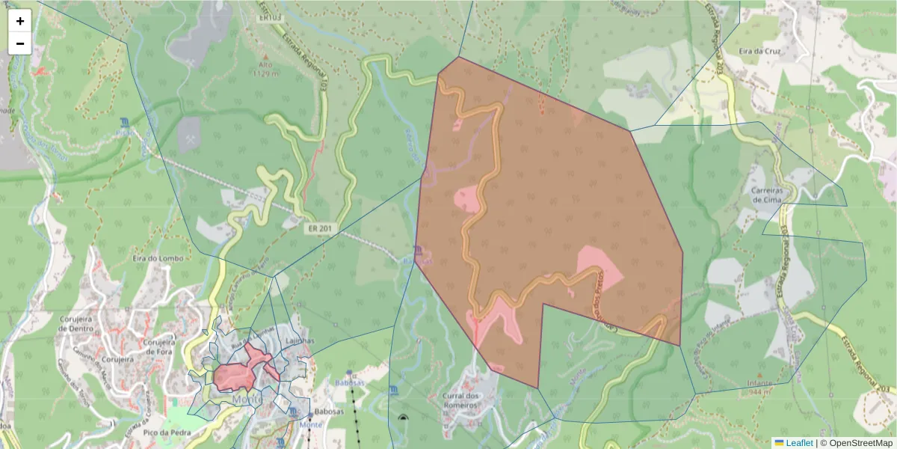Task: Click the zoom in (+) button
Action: [20, 21]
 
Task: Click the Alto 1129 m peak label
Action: [265, 69]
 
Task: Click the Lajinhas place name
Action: [299, 340]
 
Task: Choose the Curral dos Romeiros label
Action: [460, 400]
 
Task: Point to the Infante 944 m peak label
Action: [760, 386]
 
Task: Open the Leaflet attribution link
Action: [799, 443]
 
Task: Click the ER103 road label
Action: [269, 16]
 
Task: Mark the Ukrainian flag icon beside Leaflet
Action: [779, 443]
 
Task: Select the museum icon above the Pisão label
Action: [124, 121]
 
